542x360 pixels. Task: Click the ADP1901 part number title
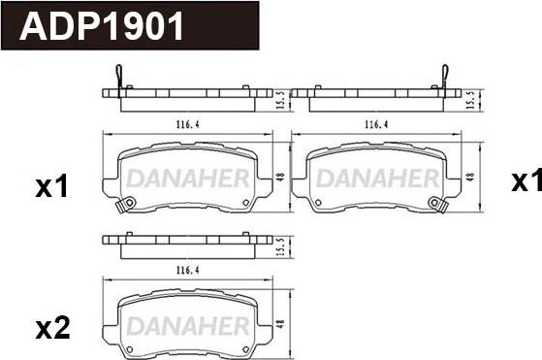(x=102, y=26)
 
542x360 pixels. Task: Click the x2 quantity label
(x=52, y=329)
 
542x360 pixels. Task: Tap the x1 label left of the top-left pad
(x=51, y=187)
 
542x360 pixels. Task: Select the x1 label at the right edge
(x=526, y=180)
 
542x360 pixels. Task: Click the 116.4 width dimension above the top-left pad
(x=188, y=124)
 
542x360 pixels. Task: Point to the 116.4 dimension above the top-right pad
(x=376, y=124)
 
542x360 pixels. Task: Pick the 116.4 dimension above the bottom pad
(x=188, y=270)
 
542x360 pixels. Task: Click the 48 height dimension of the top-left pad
(x=280, y=177)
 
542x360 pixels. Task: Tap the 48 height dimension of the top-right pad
(x=469, y=177)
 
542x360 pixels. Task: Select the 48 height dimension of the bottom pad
(x=280, y=324)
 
